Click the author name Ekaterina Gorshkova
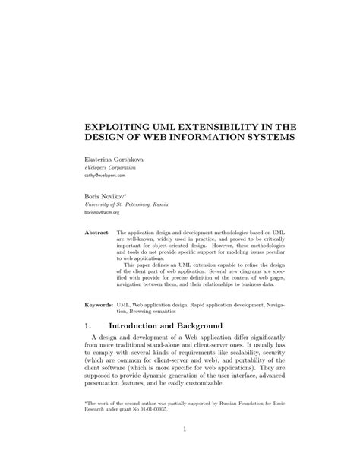pos(112,160)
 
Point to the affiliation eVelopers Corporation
pos(111,167)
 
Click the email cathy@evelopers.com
pos(106,175)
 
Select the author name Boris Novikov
pos(105,196)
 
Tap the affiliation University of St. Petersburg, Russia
pos(127,204)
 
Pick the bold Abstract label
pos(97,231)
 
